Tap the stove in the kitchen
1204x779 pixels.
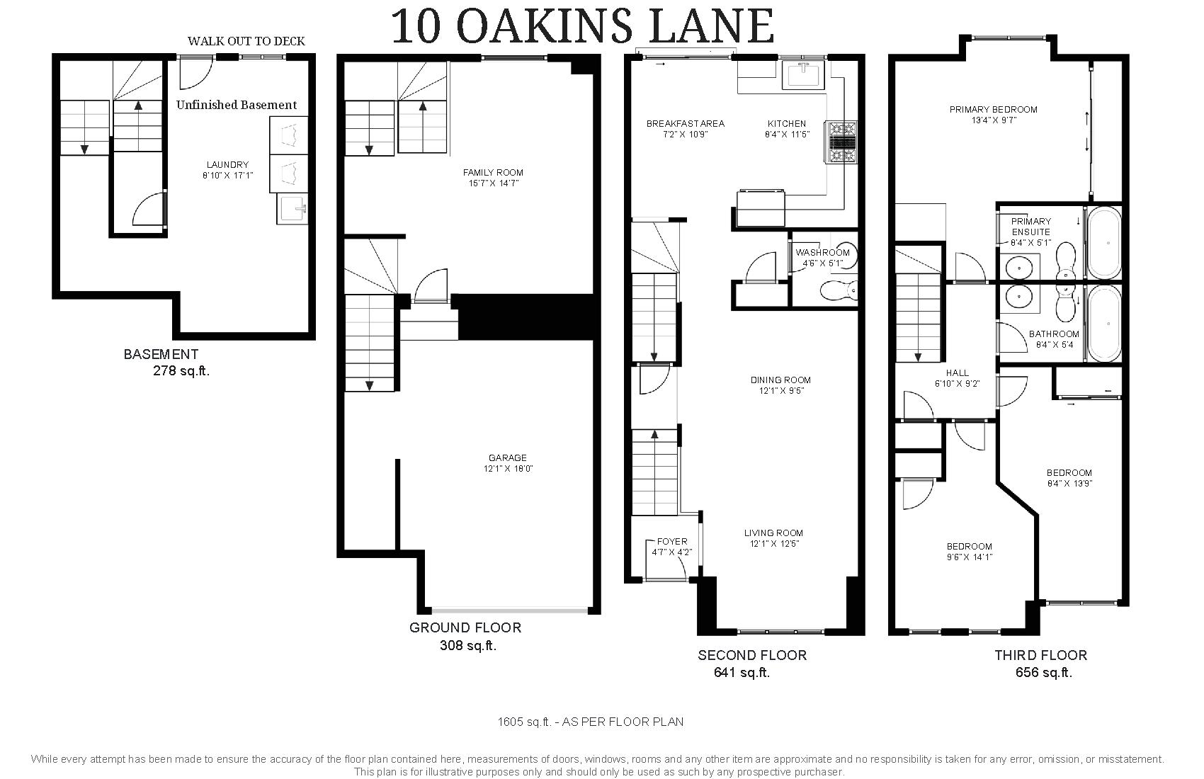pos(842,142)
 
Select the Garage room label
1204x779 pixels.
pos(508,463)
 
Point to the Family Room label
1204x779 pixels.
pos(493,178)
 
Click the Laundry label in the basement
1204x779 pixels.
pos(228,170)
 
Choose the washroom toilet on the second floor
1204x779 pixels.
pos(839,291)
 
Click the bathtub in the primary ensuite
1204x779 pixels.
pos(1105,242)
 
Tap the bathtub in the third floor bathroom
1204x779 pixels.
pos(1105,323)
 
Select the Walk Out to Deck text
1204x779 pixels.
pos(246,41)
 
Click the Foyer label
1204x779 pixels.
pos(672,547)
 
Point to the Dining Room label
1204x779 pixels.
pos(781,385)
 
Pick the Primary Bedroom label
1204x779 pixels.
pos(993,115)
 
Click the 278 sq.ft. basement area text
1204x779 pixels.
pos(181,370)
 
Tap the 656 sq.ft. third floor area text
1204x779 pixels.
pos(1044,673)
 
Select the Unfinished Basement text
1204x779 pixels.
pos(237,105)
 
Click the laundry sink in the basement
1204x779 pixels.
pos(292,209)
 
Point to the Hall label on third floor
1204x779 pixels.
pos(958,378)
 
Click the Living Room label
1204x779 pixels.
pos(773,538)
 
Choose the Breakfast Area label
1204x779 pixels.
pos(686,128)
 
